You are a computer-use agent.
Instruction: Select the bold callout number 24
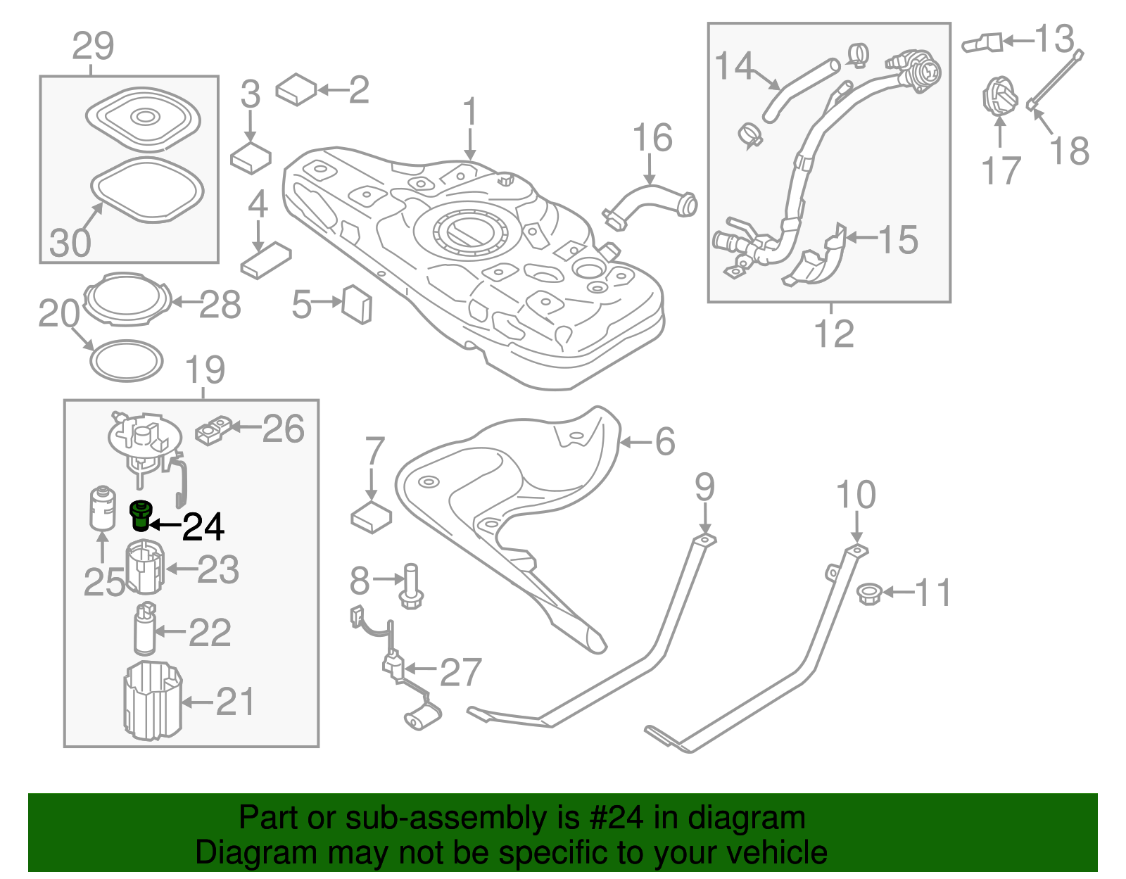(203, 526)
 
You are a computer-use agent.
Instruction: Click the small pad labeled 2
(297, 89)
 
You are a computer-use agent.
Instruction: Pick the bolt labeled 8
(411, 586)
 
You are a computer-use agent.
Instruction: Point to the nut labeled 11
(871, 593)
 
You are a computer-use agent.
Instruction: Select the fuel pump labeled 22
(144, 628)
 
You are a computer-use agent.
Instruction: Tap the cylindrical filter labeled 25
(103, 507)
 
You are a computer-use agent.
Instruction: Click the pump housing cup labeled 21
(152, 700)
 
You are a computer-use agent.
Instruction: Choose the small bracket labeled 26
(213, 430)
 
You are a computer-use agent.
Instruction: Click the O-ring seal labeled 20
(127, 361)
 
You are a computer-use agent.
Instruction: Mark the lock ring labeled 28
(127, 300)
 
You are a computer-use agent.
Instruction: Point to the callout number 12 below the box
(834, 333)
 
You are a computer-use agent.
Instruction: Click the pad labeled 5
(357, 304)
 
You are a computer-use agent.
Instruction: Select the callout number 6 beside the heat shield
(664, 442)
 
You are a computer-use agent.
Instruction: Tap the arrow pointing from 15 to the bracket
(861, 238)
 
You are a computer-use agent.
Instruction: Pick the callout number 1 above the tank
(470, 113)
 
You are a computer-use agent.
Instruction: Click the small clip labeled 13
(982, 43)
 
